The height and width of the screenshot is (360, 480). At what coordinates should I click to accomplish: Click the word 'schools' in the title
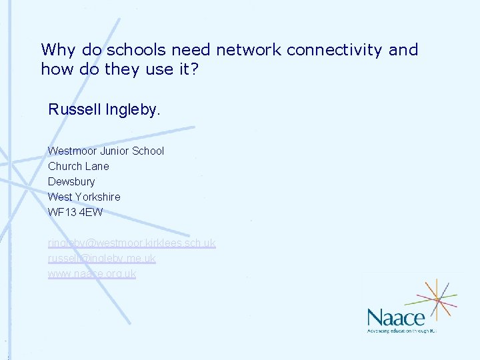137,50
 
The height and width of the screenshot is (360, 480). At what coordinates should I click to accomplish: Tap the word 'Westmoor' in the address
71,151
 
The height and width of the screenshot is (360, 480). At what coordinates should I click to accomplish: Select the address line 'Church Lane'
78,166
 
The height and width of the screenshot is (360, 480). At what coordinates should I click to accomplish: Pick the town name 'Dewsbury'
71,181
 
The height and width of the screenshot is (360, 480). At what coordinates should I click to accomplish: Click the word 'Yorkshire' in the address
97,197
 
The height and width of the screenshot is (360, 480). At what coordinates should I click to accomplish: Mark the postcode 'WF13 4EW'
75,212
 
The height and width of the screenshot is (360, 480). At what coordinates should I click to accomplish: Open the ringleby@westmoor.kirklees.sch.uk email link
131,243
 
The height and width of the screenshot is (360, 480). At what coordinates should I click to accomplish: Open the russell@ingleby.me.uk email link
101,259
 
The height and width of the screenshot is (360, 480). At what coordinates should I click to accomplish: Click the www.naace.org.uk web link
91,274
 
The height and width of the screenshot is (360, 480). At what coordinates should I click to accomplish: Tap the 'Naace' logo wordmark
396,317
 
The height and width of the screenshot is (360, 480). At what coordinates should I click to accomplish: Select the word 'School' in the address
147,151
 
